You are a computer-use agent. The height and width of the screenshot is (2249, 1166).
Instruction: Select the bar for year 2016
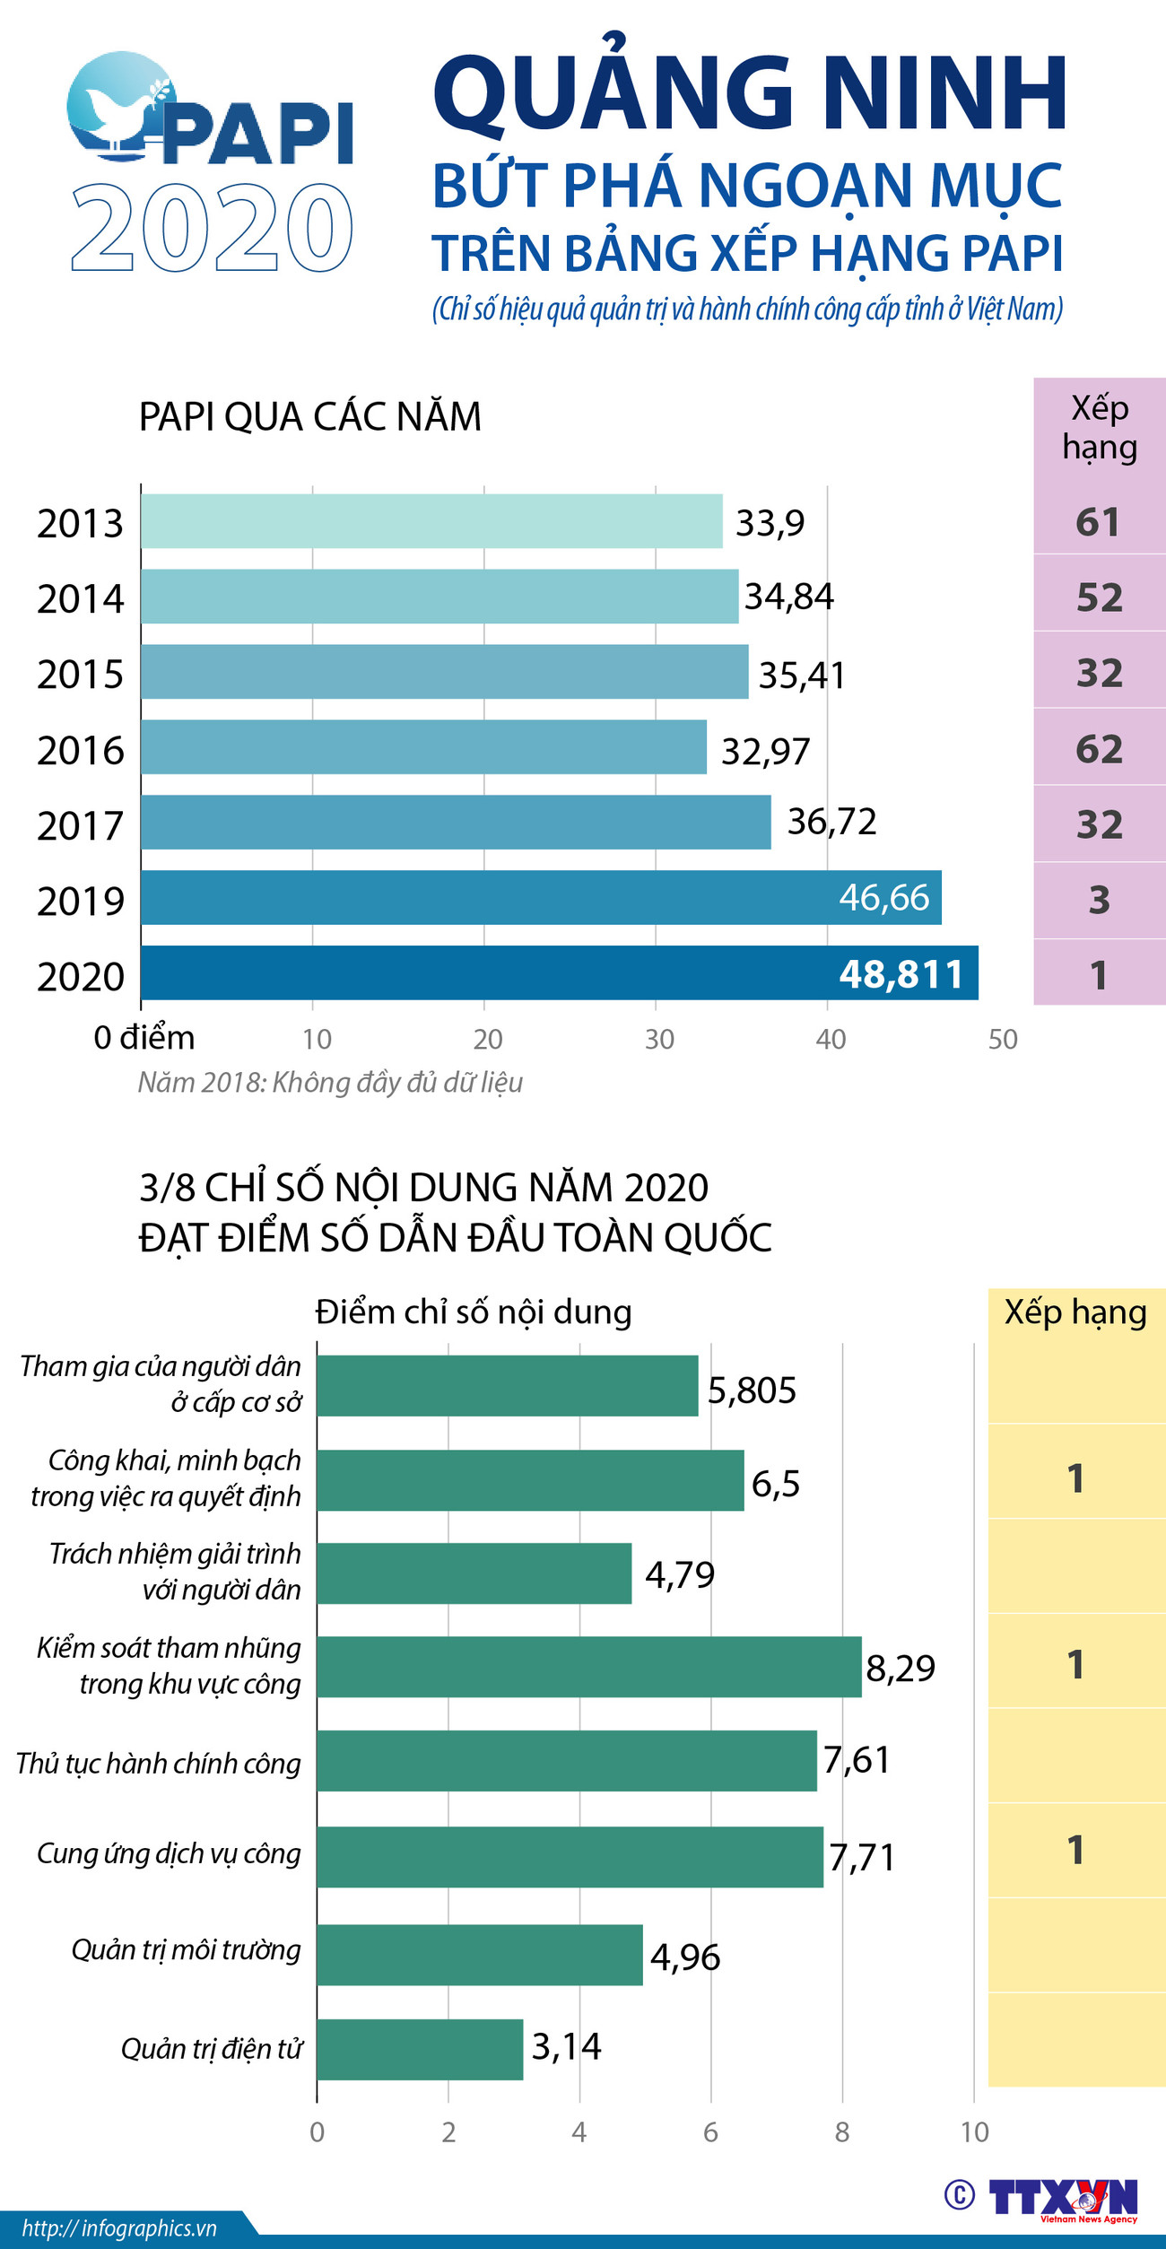tap(423, 746)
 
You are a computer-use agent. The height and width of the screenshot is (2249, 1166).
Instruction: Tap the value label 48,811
tap(901, 974)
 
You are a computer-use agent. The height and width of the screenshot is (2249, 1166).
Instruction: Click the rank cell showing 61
tap(1099, 522)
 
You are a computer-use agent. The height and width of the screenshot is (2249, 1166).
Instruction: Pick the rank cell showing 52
tap(1099, 597)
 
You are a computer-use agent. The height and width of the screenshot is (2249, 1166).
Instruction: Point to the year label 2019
tap(80, 901)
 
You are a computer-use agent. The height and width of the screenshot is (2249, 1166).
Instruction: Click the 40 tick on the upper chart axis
tap(830, 1039)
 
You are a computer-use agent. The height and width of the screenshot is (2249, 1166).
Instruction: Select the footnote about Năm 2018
tap(330, 1082)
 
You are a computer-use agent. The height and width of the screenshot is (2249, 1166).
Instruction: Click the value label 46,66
tap(883, 897)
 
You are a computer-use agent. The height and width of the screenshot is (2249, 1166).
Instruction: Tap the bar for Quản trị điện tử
tap(420, 2049)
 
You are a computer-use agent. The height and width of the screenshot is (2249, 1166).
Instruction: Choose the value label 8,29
tap(900, 1668)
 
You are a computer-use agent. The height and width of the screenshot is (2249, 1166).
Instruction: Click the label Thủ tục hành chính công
tap(159, 1763)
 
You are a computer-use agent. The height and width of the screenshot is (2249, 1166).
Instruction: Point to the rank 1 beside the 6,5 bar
tap(1075, 1478)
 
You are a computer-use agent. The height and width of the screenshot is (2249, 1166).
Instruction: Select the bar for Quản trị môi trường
tap(479, 1955)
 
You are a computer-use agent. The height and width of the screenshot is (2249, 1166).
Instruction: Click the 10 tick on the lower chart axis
tap(974, 2132)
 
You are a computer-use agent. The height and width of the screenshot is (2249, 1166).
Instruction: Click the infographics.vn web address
tap(119, 2228)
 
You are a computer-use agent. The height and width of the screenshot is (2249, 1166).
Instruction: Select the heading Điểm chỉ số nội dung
tap(473, 1312)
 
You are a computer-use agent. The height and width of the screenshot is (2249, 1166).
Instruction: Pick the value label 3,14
tap(566, 2046)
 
